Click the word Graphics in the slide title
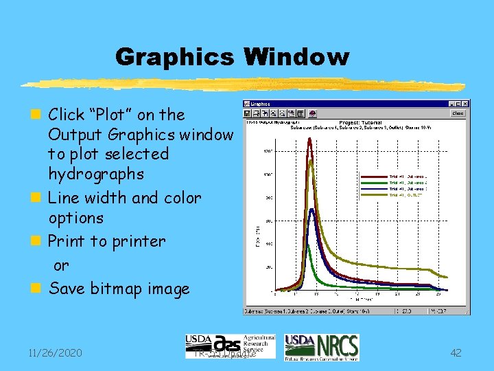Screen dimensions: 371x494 [174, 57]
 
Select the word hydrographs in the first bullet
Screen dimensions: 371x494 [96, 174]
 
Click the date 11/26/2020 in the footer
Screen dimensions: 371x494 [55, 353]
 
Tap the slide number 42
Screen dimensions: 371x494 [456, 353]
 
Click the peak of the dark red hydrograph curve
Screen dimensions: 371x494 [310, 139]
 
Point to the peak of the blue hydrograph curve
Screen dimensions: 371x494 [311, 210]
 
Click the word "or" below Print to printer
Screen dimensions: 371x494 [61, 266]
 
